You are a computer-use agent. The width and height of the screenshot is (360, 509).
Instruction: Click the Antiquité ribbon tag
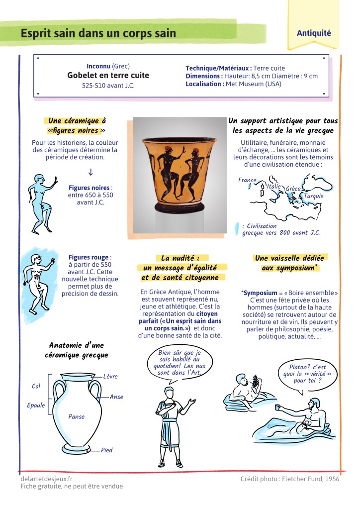click(x=314, y=33)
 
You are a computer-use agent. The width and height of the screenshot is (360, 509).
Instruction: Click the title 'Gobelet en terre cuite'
click(x=108, y=76)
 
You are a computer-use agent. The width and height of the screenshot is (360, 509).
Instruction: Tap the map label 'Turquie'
click(x=313, y=196)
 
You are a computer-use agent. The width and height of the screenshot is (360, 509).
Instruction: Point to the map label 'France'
click(x=247, y=180)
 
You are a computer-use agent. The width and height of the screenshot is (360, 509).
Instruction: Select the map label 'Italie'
click(x=274, y=187)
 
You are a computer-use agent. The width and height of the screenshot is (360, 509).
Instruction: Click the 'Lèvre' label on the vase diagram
click(x=110, y=377)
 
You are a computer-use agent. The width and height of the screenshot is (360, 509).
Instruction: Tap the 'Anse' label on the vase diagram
click(x=116, y=397)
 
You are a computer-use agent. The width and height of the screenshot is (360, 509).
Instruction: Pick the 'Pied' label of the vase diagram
click(x=106, y=450)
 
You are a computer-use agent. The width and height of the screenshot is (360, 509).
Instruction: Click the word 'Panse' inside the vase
click(x=76, y=417)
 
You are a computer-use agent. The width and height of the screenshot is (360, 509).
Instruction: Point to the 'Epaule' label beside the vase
click(x=36, y=406)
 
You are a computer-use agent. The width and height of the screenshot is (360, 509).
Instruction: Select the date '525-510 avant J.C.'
click(x=108, y=86)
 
